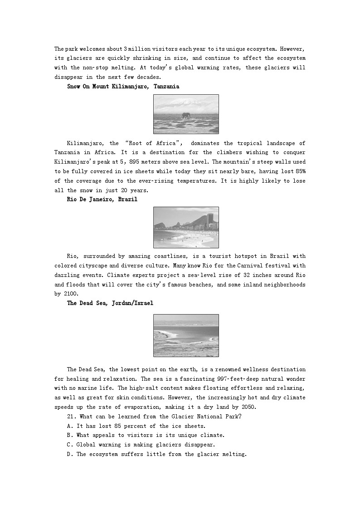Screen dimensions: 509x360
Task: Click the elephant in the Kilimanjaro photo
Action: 186,116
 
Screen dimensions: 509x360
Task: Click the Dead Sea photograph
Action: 186,335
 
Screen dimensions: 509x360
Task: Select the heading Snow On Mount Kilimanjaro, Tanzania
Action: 123,86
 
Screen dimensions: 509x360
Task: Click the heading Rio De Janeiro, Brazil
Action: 102,199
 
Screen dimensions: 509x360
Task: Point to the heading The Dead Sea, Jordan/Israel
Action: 110,303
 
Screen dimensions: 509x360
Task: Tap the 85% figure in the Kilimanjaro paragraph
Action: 300,171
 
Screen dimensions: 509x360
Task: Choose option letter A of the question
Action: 70,426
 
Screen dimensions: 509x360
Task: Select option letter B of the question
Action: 70,435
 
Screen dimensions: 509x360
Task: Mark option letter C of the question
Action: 70,445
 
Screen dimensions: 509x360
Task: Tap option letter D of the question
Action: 70,454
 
